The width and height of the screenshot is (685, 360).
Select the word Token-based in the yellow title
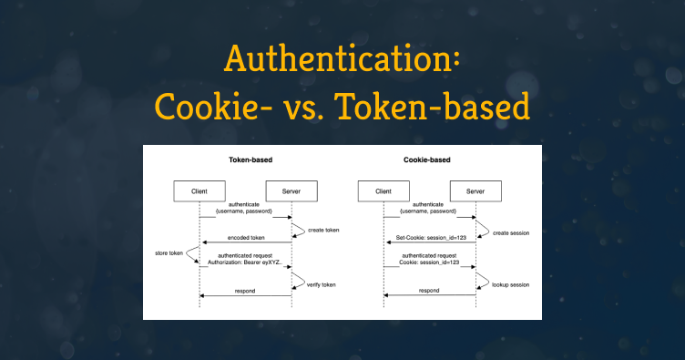pos(434,106)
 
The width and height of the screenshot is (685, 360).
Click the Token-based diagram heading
pos(250,159)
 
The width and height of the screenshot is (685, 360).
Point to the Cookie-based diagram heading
pos(427,159)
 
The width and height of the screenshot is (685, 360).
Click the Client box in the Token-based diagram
pos(199,191)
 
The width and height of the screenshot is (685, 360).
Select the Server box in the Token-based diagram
pos(291,191)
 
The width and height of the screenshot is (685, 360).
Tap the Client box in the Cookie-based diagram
pos(383,191)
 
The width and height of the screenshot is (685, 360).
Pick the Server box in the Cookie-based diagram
pos(475,191)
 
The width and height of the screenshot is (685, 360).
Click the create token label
pos(323,231)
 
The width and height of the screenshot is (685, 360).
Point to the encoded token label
pos(246,238)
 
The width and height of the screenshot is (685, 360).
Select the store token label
pos(169,253)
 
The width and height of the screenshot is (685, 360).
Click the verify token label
pos(321,285)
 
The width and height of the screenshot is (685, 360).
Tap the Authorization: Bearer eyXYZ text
pos(245,262)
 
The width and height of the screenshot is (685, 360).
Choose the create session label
pos(511,233)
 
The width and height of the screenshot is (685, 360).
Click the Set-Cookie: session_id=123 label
pos(431,238)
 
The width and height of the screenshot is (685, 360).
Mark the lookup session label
pos(511,285)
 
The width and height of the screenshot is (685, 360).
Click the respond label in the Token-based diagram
pos(245,291)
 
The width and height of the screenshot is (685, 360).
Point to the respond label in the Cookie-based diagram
pos(429,291)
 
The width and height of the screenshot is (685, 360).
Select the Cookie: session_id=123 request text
pos(429,262)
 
